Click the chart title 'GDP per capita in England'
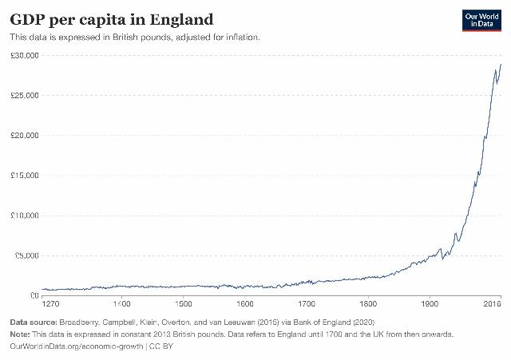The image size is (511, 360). (111, 18)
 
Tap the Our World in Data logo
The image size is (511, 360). (481, 20)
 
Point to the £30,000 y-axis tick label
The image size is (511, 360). (26, 55)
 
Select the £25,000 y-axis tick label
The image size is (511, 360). (26, 95)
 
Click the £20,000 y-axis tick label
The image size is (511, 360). (26, 135)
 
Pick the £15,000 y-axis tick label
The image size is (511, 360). (26, 176)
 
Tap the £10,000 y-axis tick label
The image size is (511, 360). (26, 216)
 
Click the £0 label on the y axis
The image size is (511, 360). (35, 295)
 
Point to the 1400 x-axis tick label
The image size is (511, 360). (121, 304)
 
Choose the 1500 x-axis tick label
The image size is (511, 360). (183, 304)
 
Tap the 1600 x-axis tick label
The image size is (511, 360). (245, 304)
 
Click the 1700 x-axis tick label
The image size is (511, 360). (307, 304)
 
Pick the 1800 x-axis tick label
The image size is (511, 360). (368, 304)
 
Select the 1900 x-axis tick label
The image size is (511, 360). (430, 304)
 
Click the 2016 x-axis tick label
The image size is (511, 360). (493, 304)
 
